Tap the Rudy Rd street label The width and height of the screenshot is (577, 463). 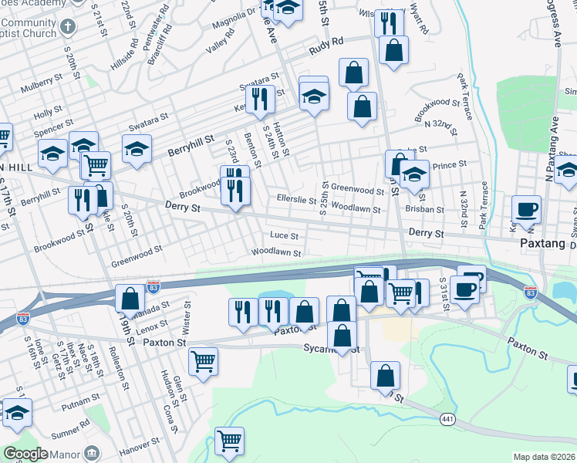325,47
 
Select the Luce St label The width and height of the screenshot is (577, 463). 283,235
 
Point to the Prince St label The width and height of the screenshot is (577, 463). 450,164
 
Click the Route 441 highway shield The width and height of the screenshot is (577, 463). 447,419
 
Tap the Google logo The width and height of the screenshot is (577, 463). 25,454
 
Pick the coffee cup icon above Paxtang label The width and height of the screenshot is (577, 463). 526,209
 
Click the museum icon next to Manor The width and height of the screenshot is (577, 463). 92,451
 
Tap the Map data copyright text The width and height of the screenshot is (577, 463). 544,457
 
